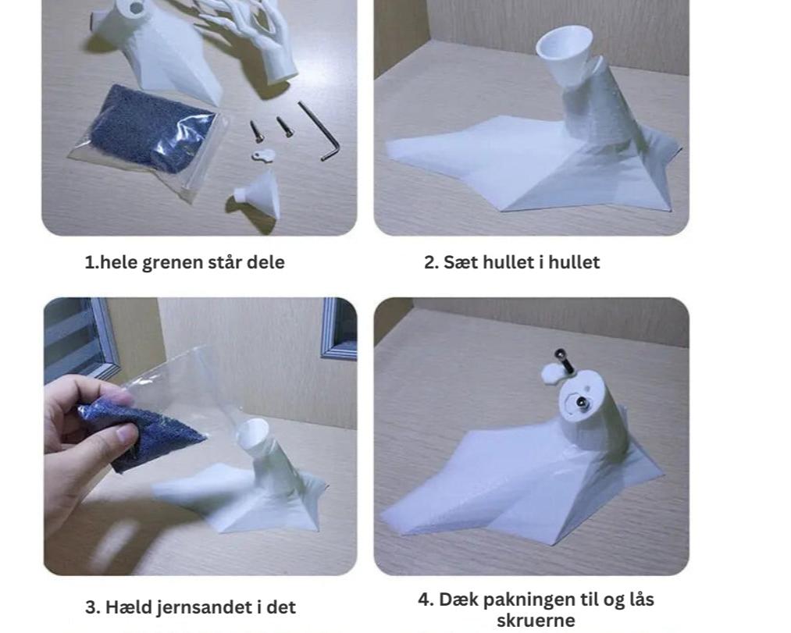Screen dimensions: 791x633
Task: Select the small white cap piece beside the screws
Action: coord(263,155)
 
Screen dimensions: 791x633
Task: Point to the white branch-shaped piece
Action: coord(252,30)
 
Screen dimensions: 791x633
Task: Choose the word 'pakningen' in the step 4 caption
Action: coord(526,600)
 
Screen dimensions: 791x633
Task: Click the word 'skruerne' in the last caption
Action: coord(536,621)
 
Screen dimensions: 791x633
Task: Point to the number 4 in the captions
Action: coord(426,599)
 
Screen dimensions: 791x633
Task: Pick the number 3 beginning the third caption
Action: coord(91,606)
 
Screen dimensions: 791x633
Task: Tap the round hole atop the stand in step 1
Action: coord(137,6)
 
